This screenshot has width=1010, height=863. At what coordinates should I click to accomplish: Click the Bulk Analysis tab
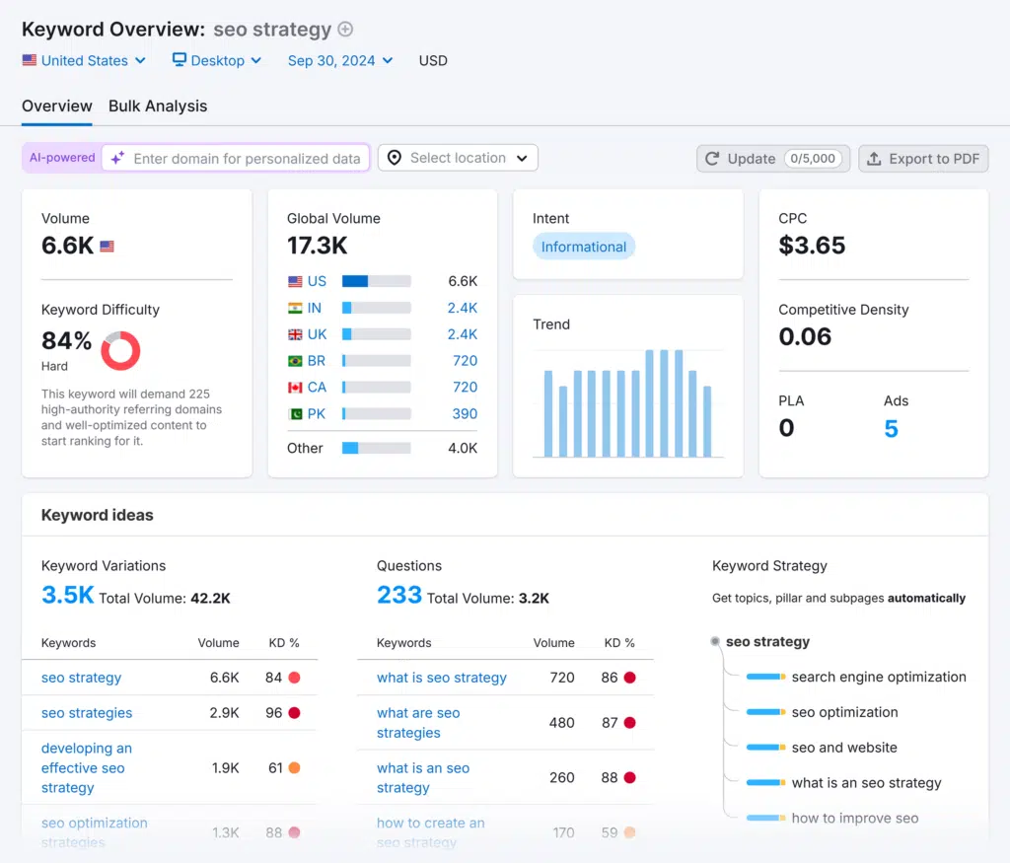pos(158,106)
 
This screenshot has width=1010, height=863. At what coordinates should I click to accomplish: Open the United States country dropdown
pos(84,60)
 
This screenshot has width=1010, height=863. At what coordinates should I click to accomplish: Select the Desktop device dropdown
pos(217,60)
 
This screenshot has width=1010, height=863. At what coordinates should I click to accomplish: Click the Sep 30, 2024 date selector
pos(339,60)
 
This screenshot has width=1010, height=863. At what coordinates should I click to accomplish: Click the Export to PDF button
pos(923,159)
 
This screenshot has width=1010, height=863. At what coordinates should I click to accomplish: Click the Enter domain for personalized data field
pos(246,158)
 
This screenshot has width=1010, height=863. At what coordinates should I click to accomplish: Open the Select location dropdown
pos(459,158)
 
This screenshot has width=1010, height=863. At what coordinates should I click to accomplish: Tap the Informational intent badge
pos(583,247)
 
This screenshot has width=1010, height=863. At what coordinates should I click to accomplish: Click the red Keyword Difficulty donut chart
pos(120,350)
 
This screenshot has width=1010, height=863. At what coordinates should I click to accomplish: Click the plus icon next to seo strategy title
pos(345,29)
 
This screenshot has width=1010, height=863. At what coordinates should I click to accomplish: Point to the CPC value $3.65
pos(812,246)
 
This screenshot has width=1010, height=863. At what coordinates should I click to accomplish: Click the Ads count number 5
pos(891,428)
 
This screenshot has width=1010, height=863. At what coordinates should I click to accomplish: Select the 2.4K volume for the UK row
pos(462,334)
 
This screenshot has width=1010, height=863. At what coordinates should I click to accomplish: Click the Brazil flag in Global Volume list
pos(295,361)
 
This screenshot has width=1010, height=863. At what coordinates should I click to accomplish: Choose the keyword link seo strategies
pos(87,713)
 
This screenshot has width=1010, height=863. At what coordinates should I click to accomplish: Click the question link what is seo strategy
pos(441,678)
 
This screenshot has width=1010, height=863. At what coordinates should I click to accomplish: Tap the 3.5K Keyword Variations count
pos(67,595)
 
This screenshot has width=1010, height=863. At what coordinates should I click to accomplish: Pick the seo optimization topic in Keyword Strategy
pos(844,712)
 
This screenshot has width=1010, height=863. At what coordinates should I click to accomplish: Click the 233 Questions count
pos(398,595)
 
